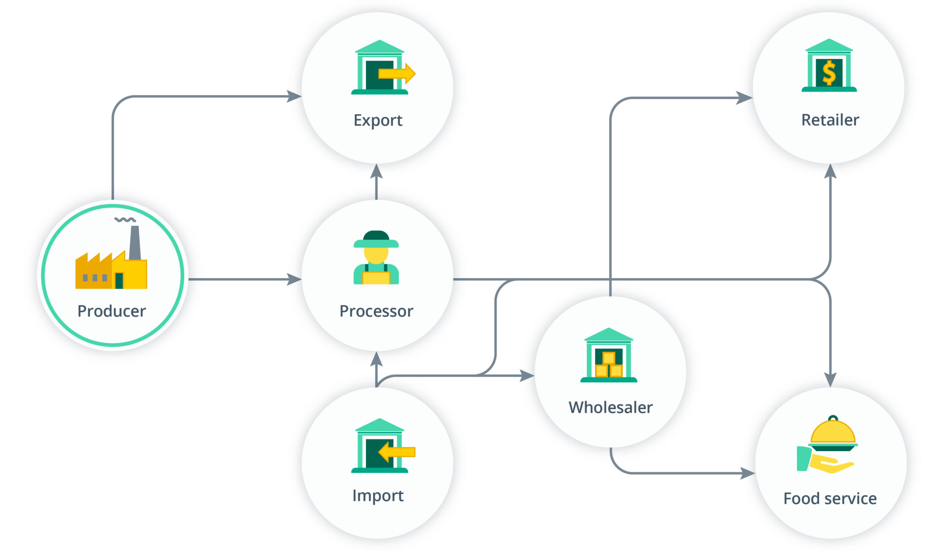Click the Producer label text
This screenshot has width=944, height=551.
pos(112,311)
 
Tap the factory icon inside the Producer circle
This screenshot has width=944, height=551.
pos(111,269)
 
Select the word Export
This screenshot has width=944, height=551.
pos(378,121)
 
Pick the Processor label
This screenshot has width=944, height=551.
pos(376,311)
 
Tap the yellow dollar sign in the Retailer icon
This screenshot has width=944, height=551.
pos(829,73)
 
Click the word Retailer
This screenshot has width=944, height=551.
pos(830,120)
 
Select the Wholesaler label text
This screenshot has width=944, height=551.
pos(610,407)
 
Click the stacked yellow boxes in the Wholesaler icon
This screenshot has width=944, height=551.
pos(608,365)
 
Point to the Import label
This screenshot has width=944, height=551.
pos(378,496)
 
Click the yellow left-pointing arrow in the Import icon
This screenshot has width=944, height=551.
pos(396,452)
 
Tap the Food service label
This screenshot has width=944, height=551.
pos(830,499)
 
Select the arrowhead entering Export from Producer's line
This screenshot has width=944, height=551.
pos(294,96)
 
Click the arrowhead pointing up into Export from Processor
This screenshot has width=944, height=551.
pos(377,171)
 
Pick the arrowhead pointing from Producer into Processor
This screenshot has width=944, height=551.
pos(294,279)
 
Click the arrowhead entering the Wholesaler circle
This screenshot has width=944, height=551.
pos(527,376)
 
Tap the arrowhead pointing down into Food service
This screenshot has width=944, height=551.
pos(830,380)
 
